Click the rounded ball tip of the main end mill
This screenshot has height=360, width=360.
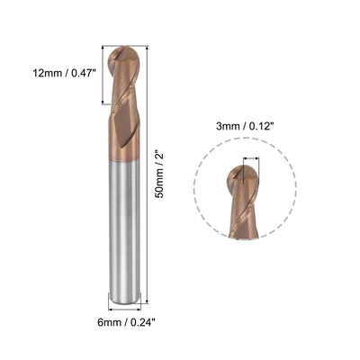[124, 56]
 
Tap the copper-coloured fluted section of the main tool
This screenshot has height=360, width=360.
[124, 117]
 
